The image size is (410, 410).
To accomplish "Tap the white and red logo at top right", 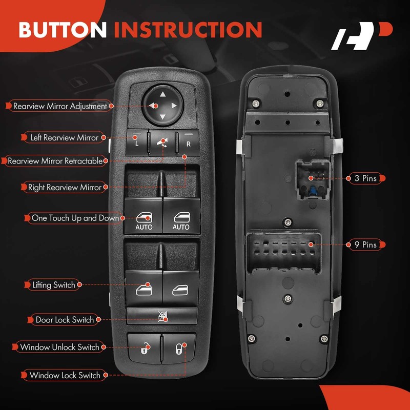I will point(361,36).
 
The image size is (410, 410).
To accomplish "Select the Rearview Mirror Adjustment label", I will point(59,106).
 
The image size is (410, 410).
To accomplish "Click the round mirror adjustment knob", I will point(162,105).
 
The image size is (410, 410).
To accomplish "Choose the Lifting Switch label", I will point(53,284).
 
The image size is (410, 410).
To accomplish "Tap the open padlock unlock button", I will point(143,347).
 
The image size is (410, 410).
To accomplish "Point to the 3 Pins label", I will point(365,178).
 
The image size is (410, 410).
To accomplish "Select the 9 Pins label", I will point(365,244).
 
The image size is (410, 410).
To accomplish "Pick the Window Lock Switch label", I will point(65,375).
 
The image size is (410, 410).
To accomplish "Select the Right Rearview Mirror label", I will point(64,187).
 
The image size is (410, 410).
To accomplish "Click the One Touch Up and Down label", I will point(75,218).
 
